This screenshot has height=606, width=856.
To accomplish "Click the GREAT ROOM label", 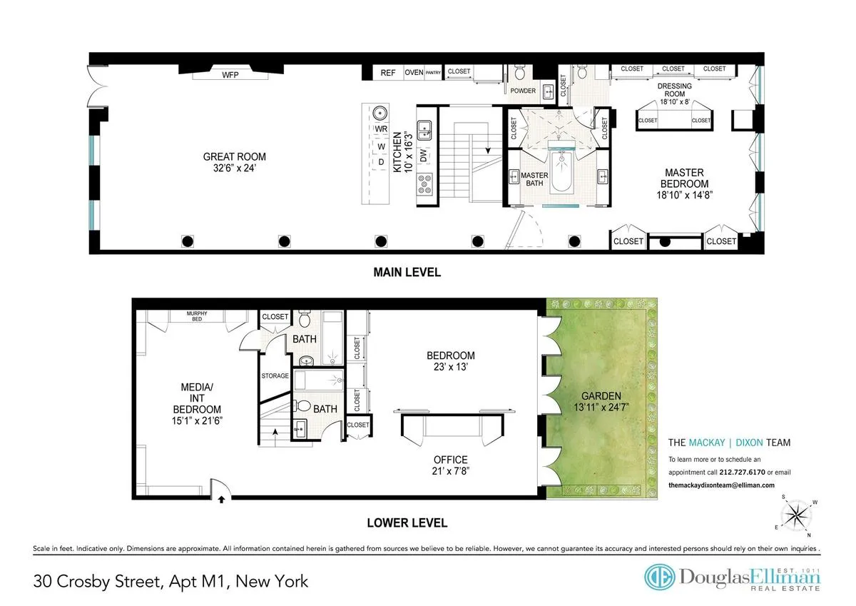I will pyautogui.click(x=234, y=157).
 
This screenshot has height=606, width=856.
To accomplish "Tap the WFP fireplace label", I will pyautogui.click(x=230, y=74).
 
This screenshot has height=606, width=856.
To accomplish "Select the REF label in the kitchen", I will pyautogui.click(x=387, y=73).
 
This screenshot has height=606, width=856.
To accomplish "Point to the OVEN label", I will pyautogui.click(x=414, y=73).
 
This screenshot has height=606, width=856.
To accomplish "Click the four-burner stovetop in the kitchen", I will pyautogui.click(x=425, y=184).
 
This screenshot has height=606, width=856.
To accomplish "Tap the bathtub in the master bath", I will pyautogui.click(x=561, y=175).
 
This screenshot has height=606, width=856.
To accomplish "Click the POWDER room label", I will pyautogui.click(x=523, y=91).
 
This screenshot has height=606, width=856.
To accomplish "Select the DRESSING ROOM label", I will pyautogui.click(x=674, y=90).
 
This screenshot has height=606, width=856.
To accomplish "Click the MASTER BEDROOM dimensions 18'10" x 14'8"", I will pyautogui.click(x=684, y=194).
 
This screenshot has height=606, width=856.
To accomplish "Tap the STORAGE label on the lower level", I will pyautogui.click(x=275, y=375).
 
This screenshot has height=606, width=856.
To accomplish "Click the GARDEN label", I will pyautogui.click(x=601, y=396).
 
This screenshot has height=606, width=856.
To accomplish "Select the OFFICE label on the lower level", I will pyautogui.click(x=450, y=460).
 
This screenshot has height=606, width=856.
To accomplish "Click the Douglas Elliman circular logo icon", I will pyautogui.click(x=659, y=577).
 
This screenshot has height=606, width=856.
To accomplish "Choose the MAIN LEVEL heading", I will pyautogui.click(x=407, y=272).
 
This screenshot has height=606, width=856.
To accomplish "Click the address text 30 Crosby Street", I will pyautogui.click(x=100, y=581).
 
